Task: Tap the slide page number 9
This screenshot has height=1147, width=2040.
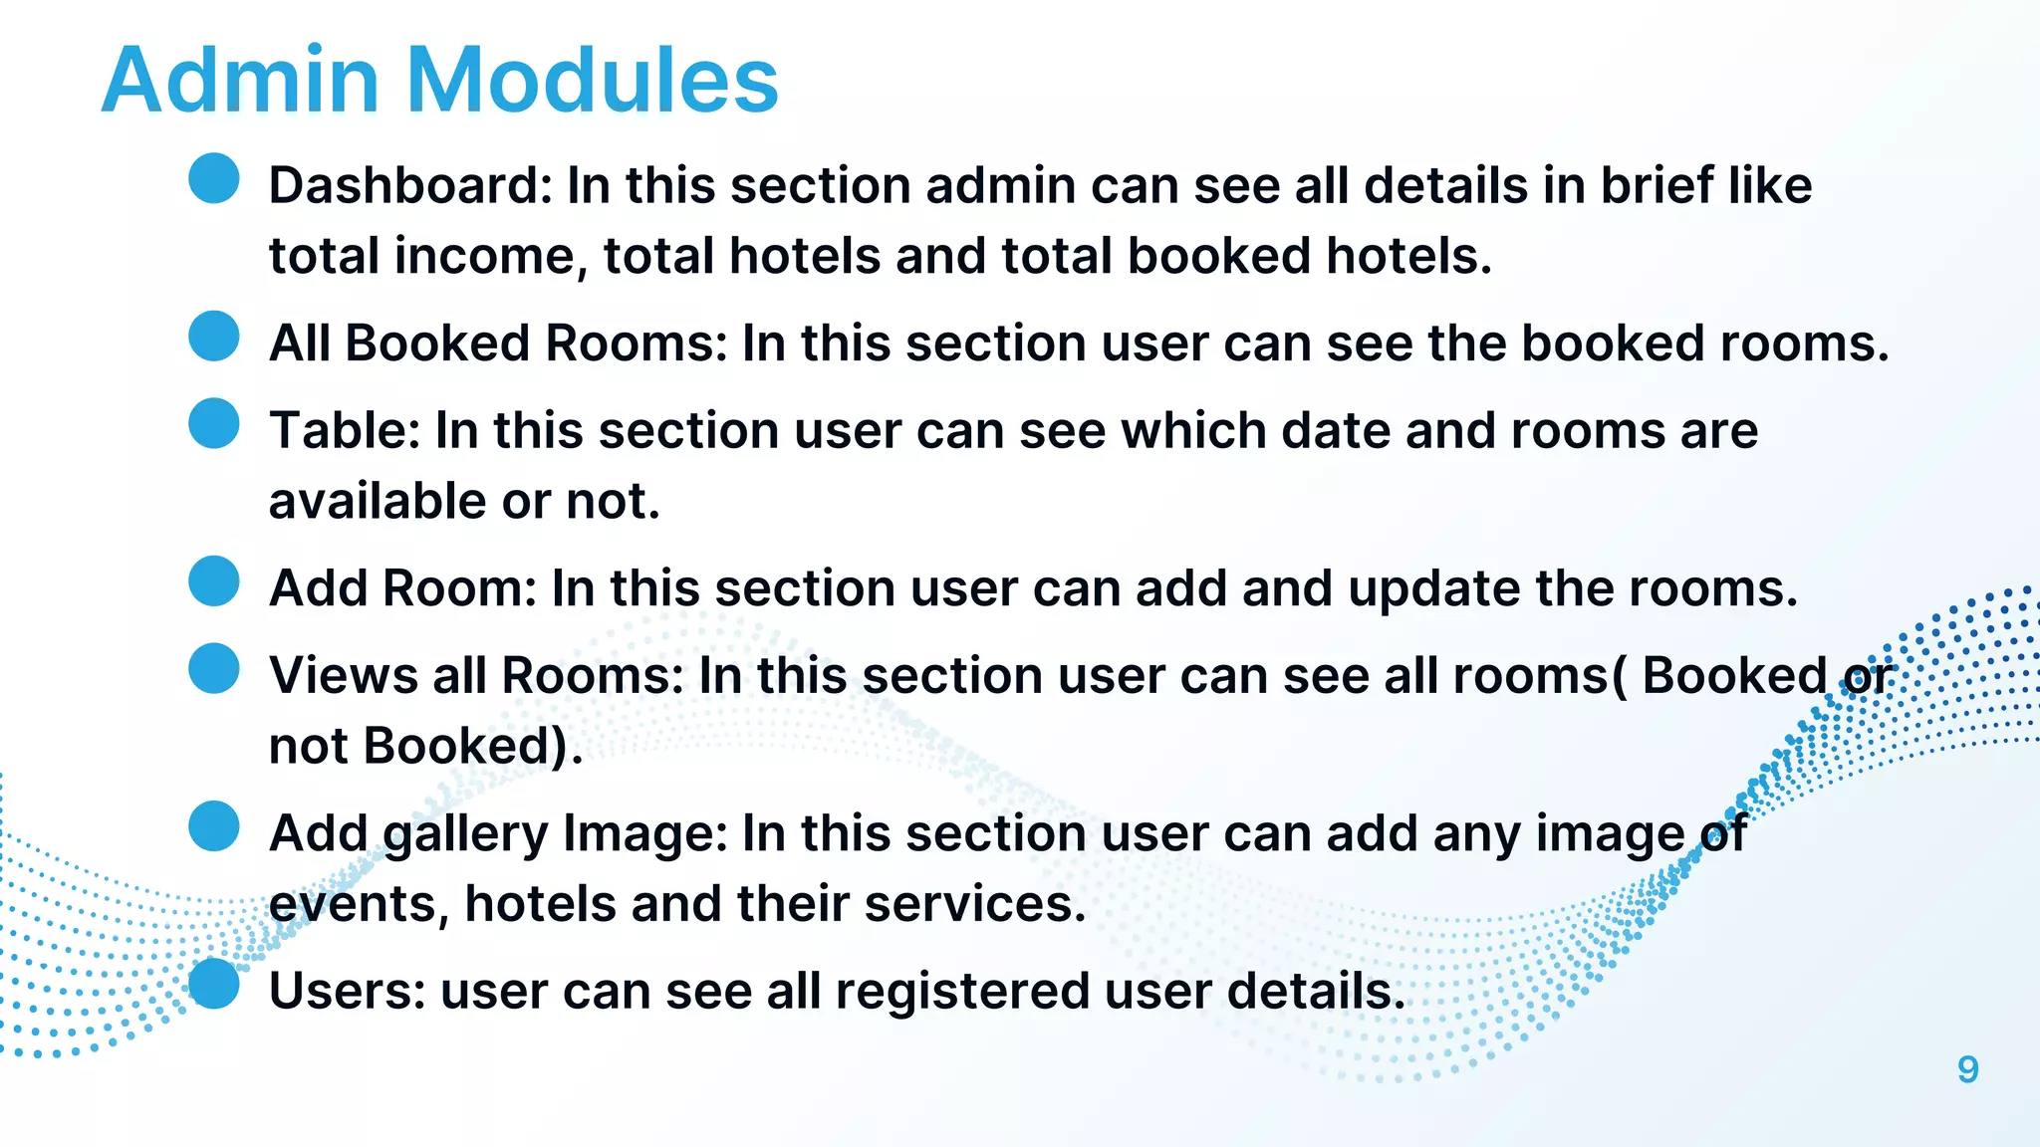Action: (1967, 1069)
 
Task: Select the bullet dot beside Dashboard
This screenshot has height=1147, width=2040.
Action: (214, 178)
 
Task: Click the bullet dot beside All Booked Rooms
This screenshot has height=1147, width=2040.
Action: (214, 336)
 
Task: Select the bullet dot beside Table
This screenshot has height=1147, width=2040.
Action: (214, 423)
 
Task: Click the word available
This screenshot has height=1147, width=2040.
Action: (378, 501)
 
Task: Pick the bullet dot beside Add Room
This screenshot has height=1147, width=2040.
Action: (214, 580)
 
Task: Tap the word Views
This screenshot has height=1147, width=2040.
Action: (343, 676)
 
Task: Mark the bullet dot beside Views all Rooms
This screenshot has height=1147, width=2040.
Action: (214, 668)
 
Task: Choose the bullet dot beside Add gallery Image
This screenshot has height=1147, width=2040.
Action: (214, 825)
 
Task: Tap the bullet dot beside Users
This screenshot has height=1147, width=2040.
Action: (214, 984)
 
